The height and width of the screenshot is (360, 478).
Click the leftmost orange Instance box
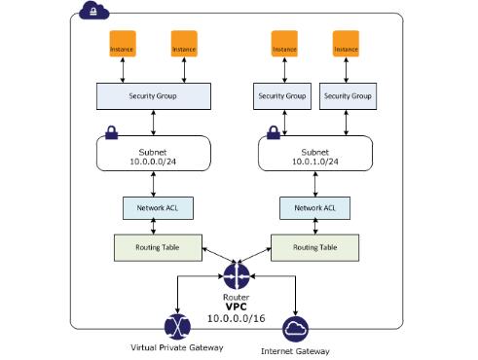coord(123,46)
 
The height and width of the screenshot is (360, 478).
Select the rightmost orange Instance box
coord(347,46)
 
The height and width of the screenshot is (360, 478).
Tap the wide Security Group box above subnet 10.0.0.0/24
coord(154,96)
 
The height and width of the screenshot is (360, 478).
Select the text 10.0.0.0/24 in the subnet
coord(154,160)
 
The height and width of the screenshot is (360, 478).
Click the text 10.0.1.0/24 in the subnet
coord(315,160)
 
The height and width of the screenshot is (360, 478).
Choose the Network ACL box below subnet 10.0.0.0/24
coord(154,207)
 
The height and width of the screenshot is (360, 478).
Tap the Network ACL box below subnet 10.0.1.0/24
coord(315,207)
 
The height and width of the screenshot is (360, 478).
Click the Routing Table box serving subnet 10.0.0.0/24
coord(154,247)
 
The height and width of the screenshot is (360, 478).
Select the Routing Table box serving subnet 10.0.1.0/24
coord(315,247)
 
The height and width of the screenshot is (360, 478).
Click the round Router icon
coord(235,275)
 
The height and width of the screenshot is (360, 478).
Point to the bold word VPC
coord(235,306)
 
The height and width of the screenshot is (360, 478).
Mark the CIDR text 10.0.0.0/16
coord(235,318)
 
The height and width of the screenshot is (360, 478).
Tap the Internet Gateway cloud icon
coord(295,328)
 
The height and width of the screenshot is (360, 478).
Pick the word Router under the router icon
coord(235,295)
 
